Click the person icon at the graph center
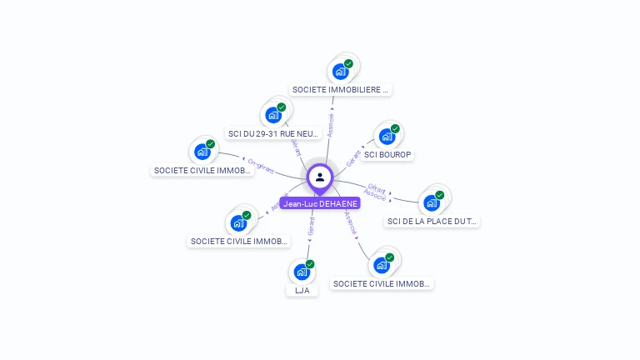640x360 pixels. tap(320, 177)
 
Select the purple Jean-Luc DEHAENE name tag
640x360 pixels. tap(320, 203)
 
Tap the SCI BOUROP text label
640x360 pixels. tap(388, 155)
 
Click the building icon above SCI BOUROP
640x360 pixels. tap(386, 137)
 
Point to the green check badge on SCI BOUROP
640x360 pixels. tap(395, 129)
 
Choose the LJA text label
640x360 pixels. tap(302, 290)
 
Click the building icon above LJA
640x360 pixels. tap(301, 272)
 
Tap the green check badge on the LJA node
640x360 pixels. tap(310, 264)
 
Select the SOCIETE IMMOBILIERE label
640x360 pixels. tap(341, 89)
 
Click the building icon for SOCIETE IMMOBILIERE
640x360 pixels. tap(340, 72)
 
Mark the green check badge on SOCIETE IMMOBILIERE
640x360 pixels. tap(348, 64)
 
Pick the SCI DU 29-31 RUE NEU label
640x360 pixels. tap(273, 133)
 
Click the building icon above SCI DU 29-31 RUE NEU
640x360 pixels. tap(272, 115)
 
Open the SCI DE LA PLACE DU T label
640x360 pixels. tap(432, 221)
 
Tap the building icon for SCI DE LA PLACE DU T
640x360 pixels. tap(431, 202)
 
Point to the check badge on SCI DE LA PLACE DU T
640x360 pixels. tap(440, 195)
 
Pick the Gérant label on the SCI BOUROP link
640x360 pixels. tap(354, 157)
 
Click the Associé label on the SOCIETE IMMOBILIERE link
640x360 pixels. tap(331, 125)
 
